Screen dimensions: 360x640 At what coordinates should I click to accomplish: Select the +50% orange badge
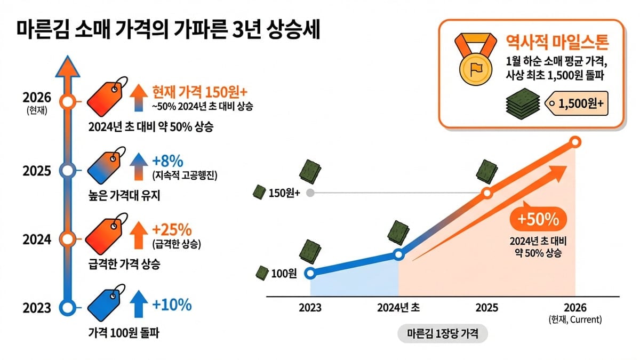[x=538, y=219]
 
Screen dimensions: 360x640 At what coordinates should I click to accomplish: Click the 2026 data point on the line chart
[x=575, y=142]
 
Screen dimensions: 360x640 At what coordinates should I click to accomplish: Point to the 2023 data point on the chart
[x=310, y=273]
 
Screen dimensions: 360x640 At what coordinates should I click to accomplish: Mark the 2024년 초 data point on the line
[x=398, y=255]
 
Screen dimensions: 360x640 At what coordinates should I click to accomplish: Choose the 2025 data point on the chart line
[x=486, y=194]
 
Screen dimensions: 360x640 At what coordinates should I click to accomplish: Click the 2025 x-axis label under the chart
[x=486, y=308]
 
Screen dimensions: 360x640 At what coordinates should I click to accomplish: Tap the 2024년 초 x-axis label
[x=398, y=308]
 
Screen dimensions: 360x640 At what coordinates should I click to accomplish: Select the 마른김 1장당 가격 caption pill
[x=442, y=334]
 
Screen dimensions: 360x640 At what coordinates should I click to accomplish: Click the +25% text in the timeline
[x=172, y=230]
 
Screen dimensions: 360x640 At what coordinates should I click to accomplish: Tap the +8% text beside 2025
[x=168, y=161]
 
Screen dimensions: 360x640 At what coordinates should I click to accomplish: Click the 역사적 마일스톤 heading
[x=557, y=42]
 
